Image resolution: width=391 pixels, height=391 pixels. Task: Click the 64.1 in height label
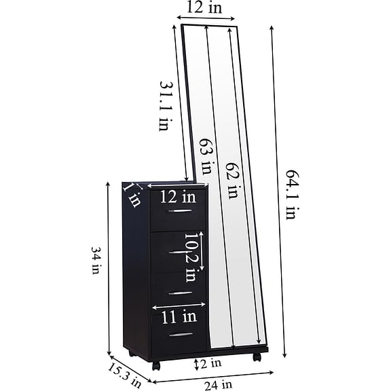[291, 195]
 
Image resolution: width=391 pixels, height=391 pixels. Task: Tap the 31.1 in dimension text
[164, 106]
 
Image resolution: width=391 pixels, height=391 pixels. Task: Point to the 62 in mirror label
[232, 179]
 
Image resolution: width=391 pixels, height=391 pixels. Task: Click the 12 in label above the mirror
[204, 7]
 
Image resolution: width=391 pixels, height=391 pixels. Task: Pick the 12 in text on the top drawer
[178, 197]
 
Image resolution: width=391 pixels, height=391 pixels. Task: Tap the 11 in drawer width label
[179, 317]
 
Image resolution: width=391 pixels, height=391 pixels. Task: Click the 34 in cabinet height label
[96, 261]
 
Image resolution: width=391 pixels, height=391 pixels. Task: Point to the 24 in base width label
[219, 385]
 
